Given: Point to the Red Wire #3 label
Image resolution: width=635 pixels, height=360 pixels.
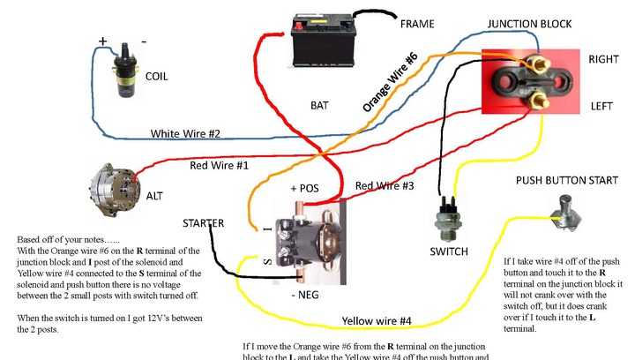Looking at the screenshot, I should (x=385, y=186).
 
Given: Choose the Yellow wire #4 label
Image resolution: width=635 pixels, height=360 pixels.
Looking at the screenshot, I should (x=377, y=320).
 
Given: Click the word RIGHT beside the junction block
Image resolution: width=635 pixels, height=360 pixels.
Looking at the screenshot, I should (x=606, y=59).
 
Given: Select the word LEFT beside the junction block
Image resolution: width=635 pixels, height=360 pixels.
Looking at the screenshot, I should (x=603, y=106).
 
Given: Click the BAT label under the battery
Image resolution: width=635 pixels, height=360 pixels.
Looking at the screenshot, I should (x=319, y=105).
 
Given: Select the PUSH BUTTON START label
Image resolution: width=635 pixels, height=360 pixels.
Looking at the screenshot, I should (x=564, y=180).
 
